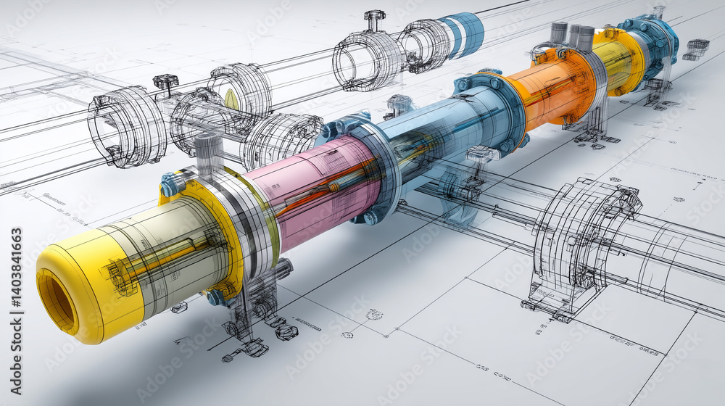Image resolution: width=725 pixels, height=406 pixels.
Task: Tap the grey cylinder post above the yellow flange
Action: (207, 152)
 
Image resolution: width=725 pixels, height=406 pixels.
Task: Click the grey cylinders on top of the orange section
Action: (573, 34)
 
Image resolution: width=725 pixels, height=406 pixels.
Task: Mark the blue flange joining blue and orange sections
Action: (500, 109)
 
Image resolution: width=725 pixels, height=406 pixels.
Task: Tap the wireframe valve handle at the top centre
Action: (374, 18)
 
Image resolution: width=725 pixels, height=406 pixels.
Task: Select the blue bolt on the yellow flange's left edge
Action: (171, 186)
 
